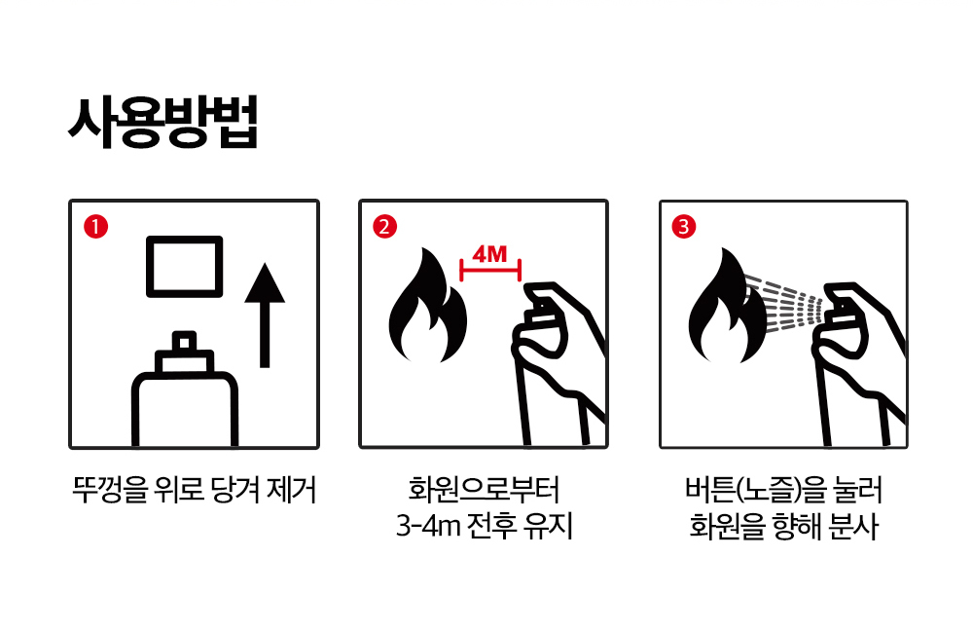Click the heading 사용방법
(x=162, y=123)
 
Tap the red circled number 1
(x=95, y=227)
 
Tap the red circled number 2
(x=384, y=227)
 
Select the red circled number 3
(x=684, y=227)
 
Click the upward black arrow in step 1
(x=265, y=315)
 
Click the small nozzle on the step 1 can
(x=184, y=342)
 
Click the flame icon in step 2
(x=427, y=306)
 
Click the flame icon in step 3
(x=727, y=306)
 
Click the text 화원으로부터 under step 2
(x=484, y=490)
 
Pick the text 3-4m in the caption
(x=427, y=527)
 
